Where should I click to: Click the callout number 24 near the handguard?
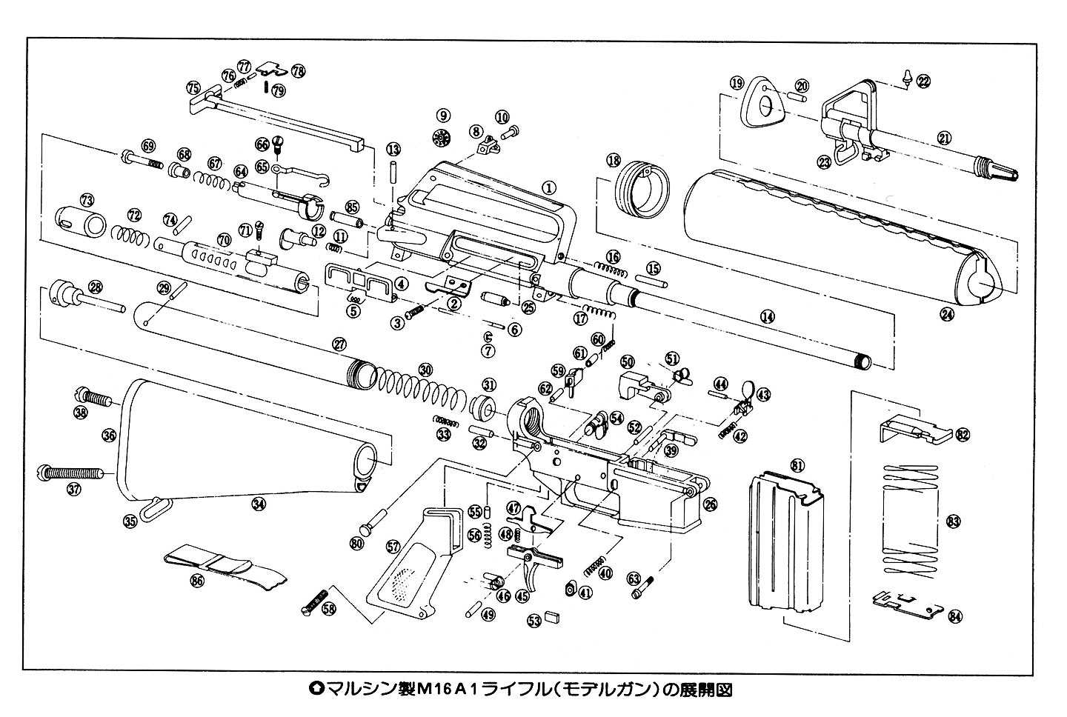pos(946,314)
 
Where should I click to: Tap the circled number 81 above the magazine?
pos(797,465)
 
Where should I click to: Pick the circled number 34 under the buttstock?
pos(258,504)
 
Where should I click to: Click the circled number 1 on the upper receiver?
pos(548,187)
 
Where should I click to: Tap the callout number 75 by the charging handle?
pos(193,87)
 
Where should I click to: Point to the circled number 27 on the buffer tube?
pos(339,344)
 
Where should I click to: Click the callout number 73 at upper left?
pos(87,200)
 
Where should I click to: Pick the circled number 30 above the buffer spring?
pos(425,368)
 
